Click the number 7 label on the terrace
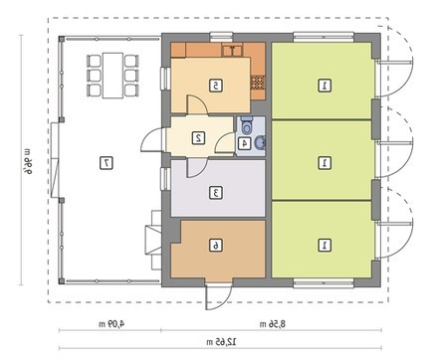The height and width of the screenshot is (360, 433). click(x=107, y=163)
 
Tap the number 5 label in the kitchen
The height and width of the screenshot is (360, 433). click(x=216, y=86)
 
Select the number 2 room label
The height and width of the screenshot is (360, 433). click(x=199, y=138)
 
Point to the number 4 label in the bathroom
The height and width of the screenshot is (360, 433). click(x=245, y=143)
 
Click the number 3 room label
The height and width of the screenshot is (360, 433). click(x=216, y=193)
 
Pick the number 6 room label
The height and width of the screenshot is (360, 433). click(x=216, y=246)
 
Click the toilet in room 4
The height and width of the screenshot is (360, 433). click(x=246, y=125)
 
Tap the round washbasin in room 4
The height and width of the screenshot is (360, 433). click(x=260, y=143)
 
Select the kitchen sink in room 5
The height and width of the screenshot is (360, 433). click(x=233, y=51)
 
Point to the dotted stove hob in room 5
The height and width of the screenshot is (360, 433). click(x=258, y=83)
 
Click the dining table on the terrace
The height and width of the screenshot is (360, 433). click(x=112, y=76)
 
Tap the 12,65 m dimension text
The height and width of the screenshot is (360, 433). click(x=221, y=341)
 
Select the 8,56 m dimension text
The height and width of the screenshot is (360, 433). click(x=272, y=324)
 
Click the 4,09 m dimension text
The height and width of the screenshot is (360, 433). click(x=111, y=323)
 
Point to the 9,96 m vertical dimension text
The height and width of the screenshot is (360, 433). click(x=29, y=160)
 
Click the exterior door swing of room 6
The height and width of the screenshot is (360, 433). click(x=218, y=296)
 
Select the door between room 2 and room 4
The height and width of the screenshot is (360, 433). click(x=225, y=142)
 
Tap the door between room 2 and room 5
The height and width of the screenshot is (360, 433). click(x=198, y=105)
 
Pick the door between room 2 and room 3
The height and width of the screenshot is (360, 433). click(x=197, y=168)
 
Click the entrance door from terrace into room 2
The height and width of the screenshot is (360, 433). click(x=153, y=139)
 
